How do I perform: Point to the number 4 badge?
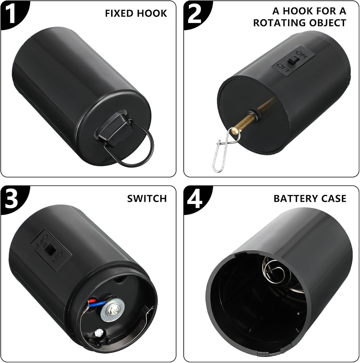click(194, 199)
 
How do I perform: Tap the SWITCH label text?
click(147, 199)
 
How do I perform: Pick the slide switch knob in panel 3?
click(49, 249)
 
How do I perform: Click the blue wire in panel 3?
click(98, 303)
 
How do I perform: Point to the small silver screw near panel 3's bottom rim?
click(99, 334)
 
